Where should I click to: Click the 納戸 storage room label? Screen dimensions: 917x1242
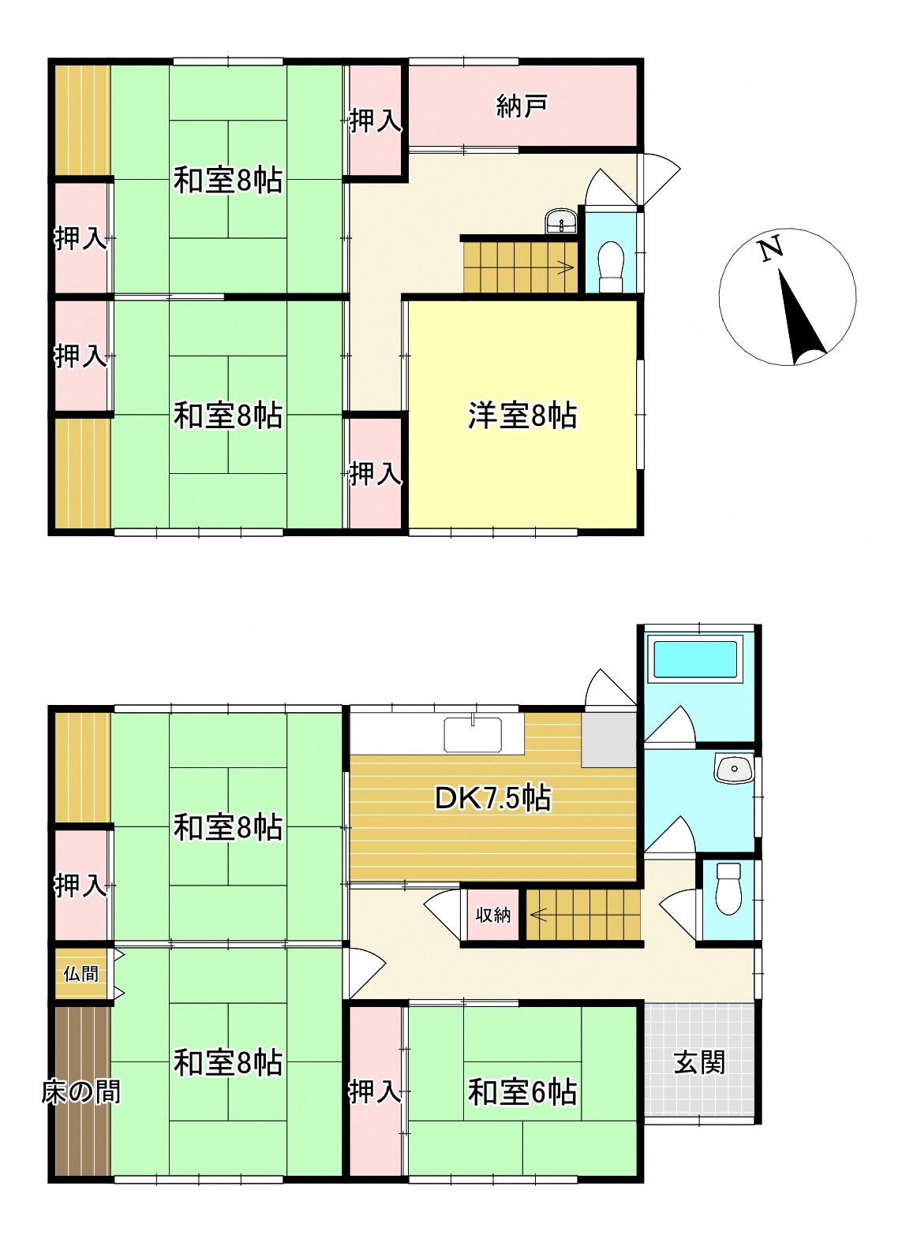pos(522,106)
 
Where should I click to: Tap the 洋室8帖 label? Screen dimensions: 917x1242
pos(522,416)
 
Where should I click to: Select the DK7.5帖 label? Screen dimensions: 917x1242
pos(492,799)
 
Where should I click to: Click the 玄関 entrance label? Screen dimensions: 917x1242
pos(699,1062)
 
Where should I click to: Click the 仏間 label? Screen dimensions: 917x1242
pos(80,974)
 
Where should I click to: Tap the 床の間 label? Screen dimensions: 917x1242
pos(81,1092)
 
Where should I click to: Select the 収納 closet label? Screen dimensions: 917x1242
pos(492,915)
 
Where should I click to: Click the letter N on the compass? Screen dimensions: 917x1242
pos(771,248)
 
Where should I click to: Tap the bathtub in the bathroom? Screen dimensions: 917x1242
pos(695,659)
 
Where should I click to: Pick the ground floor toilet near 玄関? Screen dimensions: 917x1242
pos(728,889)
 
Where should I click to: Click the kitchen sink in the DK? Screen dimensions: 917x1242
pos(473,734)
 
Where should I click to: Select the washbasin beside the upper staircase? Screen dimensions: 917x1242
pos(561,222)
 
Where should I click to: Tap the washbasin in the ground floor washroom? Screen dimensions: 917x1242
pos(734,768)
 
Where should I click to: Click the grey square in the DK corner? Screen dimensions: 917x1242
pos(608,740)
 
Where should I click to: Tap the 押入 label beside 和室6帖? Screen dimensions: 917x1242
pos(375,1092)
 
